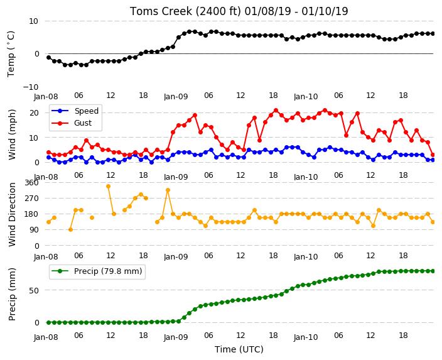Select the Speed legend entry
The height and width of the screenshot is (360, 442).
pyautogui.click(x=75, y=111)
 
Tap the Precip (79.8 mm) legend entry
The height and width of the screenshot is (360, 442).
pyautogui.click(x=97, y=271)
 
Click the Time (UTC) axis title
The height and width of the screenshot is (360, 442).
pyautogui.click(x=239, y=349)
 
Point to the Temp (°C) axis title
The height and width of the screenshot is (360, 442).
pyautogui.click(x=11, y=54)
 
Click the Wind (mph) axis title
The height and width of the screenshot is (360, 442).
pyautogui.click(x=12, y=134)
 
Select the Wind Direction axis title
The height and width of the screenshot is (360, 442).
pyautogui.click(x=12, y=214)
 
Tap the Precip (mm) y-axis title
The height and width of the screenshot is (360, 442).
pyautogui.click(x=12, y=294)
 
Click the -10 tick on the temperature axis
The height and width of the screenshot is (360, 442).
pyautogui.click(x=31, y=87)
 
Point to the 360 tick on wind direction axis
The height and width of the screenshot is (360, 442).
pyautogui.click(x=31, y=183)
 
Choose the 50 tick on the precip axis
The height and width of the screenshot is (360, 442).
pyautogui.click(x=34, y=290)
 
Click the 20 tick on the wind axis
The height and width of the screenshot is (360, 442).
pyautogui.click(x=34, y=113)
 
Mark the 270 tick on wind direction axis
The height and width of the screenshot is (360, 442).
pyautogui.click(x=31, y=199)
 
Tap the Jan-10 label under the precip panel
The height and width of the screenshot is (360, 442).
pyautogui.click(x=306, y=337)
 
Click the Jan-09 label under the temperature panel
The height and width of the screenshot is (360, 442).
pyautogui.click(x=176, y=97)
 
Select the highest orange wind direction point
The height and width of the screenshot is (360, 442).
pyautogui.click(x=108, y=186)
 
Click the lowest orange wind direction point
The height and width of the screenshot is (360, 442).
pyautogui.click(x=70, y=230)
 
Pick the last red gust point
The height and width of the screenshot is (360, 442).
pyautogui.click(x=433, y=155)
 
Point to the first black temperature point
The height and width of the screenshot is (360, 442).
pyautogui.click(x=48, y=57)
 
